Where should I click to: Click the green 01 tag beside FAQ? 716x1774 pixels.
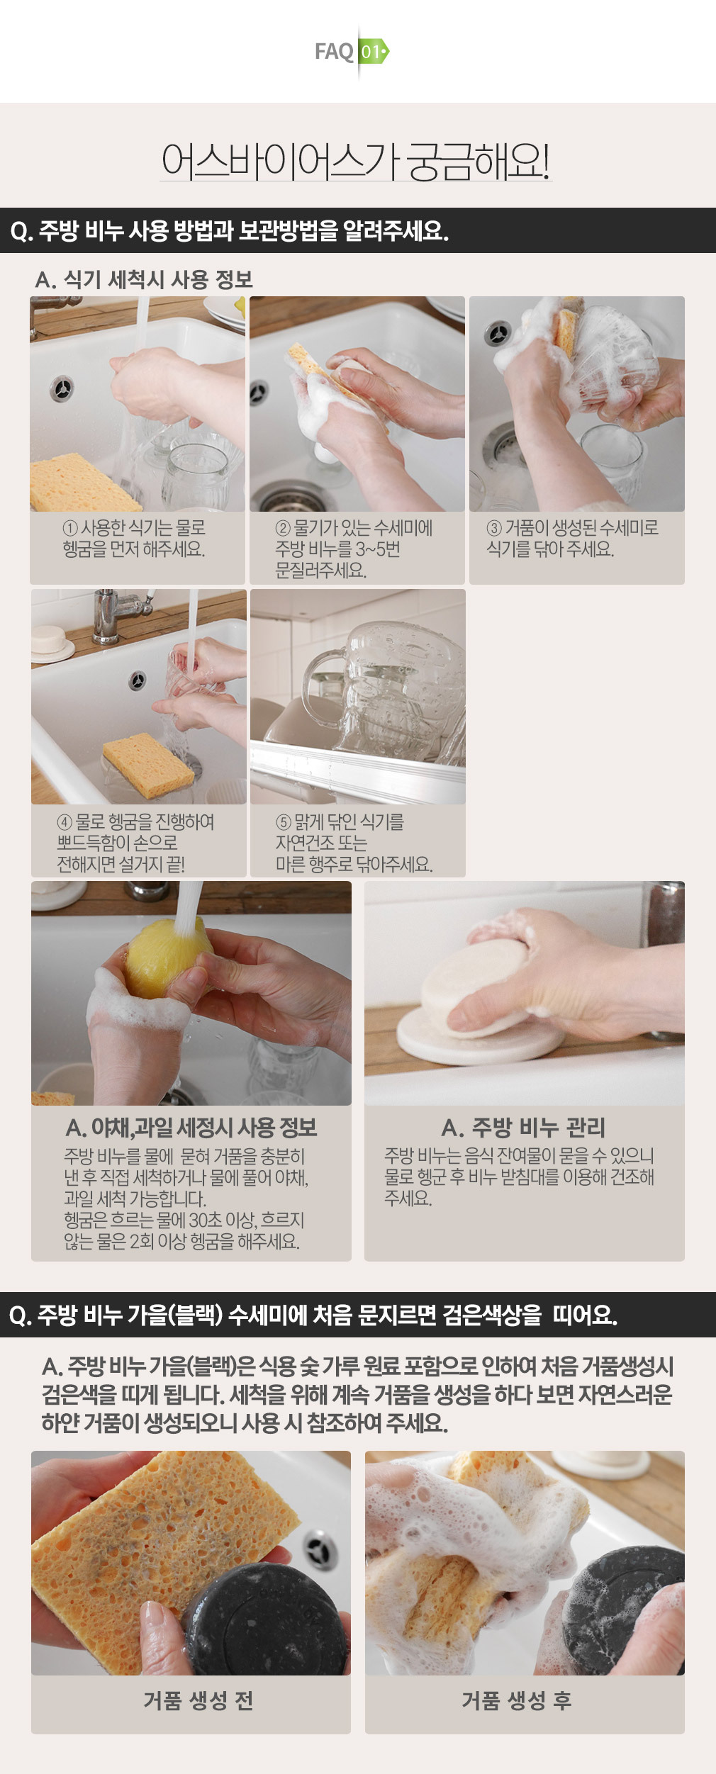pos(374,52)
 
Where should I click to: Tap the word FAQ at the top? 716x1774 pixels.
pos(334,52)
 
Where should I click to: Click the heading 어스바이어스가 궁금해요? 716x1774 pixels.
pos(356,161)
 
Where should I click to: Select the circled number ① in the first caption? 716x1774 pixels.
pos(70,528)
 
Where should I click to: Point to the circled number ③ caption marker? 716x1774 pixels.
pos(494,528)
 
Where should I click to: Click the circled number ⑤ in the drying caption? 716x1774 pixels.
pos(284,822)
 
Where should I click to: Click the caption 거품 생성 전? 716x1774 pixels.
pos(198,1700)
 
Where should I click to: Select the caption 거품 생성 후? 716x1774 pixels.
pos(517,1700)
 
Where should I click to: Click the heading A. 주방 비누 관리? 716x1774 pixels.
pos(523,1128)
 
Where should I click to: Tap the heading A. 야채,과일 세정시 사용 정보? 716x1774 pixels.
pos(191,1128)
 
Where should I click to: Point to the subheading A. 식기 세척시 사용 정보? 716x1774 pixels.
pos(144,279)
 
